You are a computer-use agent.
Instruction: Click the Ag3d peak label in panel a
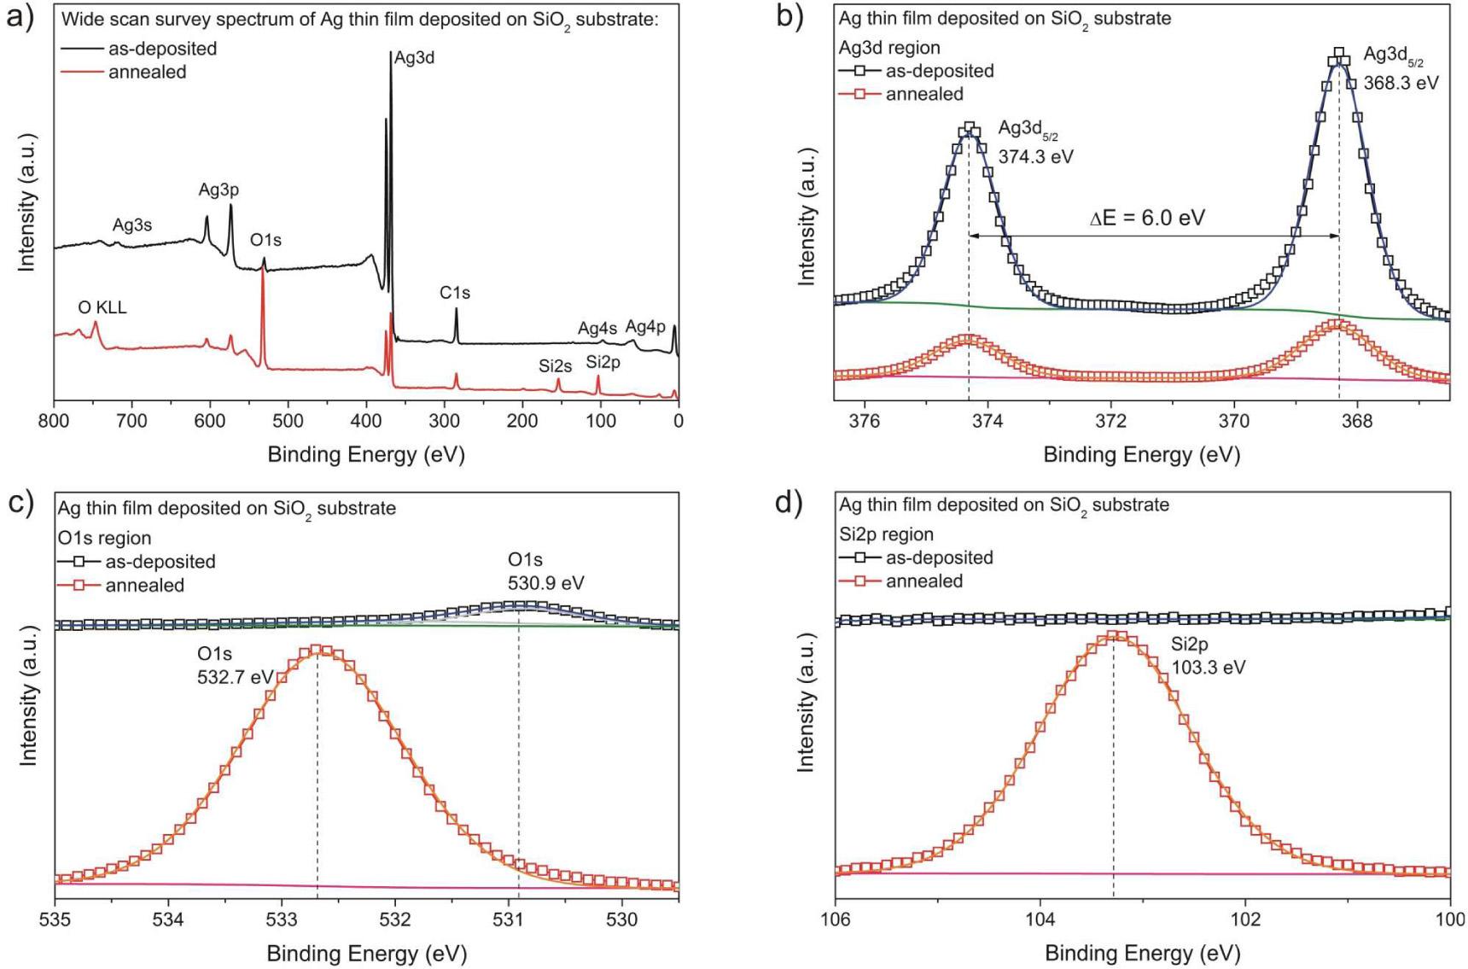(414, 59)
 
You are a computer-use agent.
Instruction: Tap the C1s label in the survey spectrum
(455, 293)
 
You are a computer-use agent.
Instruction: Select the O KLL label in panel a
(102, 307)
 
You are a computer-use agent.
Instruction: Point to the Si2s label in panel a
(555, 366)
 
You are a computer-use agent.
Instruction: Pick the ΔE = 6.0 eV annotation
(1147, 218)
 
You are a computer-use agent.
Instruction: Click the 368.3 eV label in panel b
(1401, 83)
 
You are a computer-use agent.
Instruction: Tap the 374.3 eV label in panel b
(1035, 157)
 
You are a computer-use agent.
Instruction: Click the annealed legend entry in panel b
(924, 94)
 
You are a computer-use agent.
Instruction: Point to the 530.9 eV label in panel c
(546, 583)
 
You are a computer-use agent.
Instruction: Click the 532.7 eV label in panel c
(235, 677)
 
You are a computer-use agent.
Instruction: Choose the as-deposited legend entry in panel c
(160, 562)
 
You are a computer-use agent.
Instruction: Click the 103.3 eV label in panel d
(1208, 668)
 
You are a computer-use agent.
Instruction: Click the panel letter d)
(789, 504)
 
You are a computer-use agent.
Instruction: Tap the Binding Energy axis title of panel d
(1142, 953)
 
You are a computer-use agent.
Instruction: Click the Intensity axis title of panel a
(27, 203)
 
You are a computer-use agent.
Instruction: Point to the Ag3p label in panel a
(218, 190)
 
